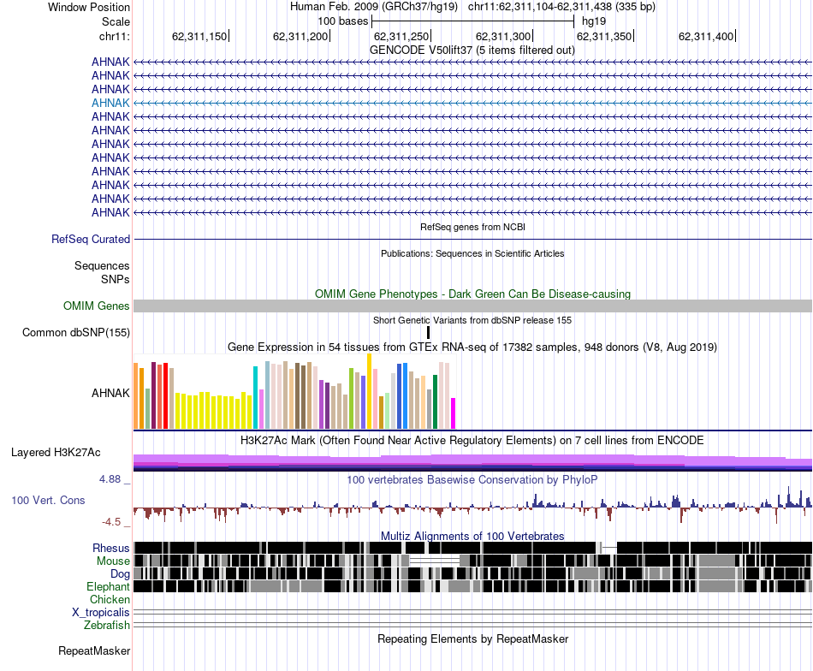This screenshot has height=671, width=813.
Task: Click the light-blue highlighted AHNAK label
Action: point(110,103)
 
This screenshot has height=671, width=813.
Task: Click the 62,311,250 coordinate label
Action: point(401,36)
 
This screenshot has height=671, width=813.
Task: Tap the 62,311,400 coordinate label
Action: point(706,36)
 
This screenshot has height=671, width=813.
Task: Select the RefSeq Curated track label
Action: point(91,239)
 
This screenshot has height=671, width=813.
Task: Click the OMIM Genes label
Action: point(97,306)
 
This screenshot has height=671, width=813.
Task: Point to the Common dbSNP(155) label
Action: point(76,332)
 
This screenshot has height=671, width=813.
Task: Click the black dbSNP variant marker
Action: point(428,332)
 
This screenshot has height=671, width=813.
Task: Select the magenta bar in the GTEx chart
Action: point(454,413)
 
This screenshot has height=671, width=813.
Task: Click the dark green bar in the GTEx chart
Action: point(436,402)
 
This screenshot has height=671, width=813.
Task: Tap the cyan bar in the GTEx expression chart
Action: point(255,398)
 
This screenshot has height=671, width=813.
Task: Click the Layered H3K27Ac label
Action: point(56,452)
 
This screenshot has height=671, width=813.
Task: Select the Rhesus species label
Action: point(111,548)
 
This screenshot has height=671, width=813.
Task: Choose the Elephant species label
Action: point(108,586)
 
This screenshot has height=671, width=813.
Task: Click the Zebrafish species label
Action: point(107,625)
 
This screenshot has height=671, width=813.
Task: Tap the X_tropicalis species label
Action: point(101,613)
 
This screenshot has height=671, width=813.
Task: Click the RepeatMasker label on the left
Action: point(94,650)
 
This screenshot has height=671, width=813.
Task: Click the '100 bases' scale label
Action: point(342,21)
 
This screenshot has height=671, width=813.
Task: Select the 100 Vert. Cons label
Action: point(48,500)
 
